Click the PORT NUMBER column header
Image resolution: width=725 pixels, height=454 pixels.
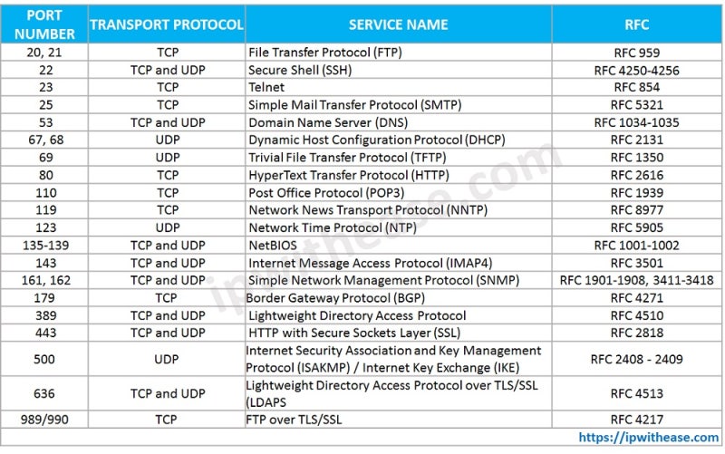[43, 24]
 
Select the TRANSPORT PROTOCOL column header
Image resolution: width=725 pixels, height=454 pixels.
[167, 24]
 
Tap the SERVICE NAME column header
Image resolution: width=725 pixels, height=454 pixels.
[398, 24]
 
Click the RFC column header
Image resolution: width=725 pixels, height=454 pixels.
[636, 24]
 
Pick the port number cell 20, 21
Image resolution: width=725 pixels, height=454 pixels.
[43, 53]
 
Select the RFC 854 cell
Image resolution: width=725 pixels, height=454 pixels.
[636, 87]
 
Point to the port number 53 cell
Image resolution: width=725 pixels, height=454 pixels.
[43, 122]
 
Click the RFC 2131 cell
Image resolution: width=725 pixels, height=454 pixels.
[636, 140]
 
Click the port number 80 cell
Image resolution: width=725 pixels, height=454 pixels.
[43, 175]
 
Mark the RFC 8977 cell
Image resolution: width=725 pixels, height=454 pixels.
[636, 210]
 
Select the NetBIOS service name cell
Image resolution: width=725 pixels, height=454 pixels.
[273, 245]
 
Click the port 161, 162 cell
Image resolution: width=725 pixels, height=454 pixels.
[43, 280]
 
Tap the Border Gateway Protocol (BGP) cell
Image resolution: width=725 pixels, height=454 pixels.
[333, 297]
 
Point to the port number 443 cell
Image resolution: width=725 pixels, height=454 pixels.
[43, 333]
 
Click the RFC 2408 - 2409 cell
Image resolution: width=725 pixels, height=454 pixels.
[636, 359]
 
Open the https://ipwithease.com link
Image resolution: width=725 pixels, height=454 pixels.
[648, 438]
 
